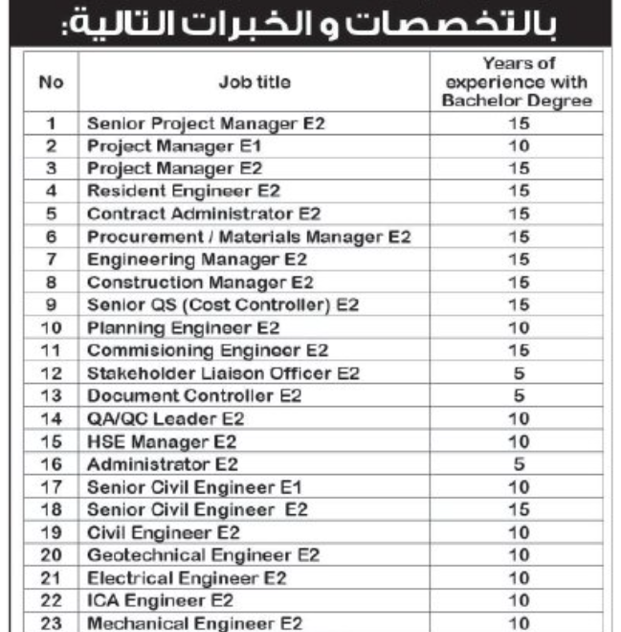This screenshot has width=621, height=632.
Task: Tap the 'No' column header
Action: point(54,83)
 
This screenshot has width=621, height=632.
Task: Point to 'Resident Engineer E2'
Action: point(183,191)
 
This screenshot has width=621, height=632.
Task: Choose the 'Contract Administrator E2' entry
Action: point(203,213)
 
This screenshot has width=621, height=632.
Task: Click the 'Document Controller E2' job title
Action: point(193,395)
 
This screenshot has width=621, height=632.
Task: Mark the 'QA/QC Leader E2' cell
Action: point(166,418)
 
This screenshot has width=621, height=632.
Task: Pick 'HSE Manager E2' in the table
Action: point(161,441)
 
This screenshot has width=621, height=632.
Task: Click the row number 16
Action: point(54,464)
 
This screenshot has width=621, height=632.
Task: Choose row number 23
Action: point(54,622)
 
